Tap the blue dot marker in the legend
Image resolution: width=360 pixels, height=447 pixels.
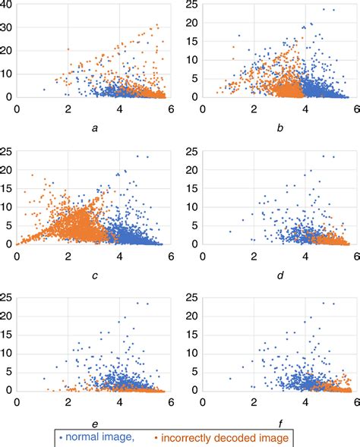click(62, 439)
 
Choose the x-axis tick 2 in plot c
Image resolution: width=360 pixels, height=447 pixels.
click(68, 257)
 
